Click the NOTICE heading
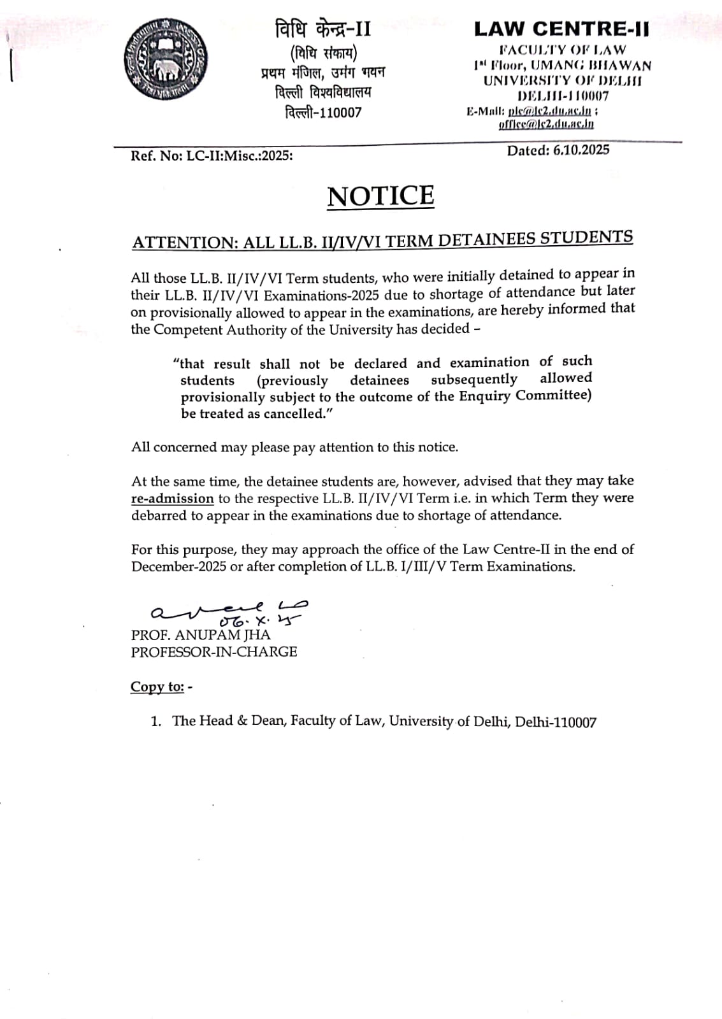(380, 196)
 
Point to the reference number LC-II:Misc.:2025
(239, 155)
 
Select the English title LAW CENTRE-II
(561, 29)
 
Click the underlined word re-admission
(172, 499)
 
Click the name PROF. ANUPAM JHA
(201, 635)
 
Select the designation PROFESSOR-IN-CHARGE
(214, 652)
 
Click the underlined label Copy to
(157, 687)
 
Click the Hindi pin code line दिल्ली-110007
(323, 113)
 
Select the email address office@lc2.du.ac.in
(546, 124)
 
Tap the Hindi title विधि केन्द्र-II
(322, 29)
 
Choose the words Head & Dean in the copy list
(242, 721)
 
